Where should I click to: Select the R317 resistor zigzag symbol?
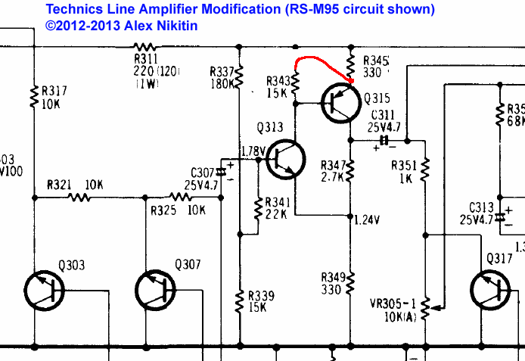coord(34,96)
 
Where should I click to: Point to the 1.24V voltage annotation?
coord(367,220)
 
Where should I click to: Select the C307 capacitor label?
coord(203,173)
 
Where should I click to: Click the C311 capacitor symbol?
coord(384,140)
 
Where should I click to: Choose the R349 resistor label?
coord(334,276)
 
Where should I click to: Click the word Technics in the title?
coord(73,9)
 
